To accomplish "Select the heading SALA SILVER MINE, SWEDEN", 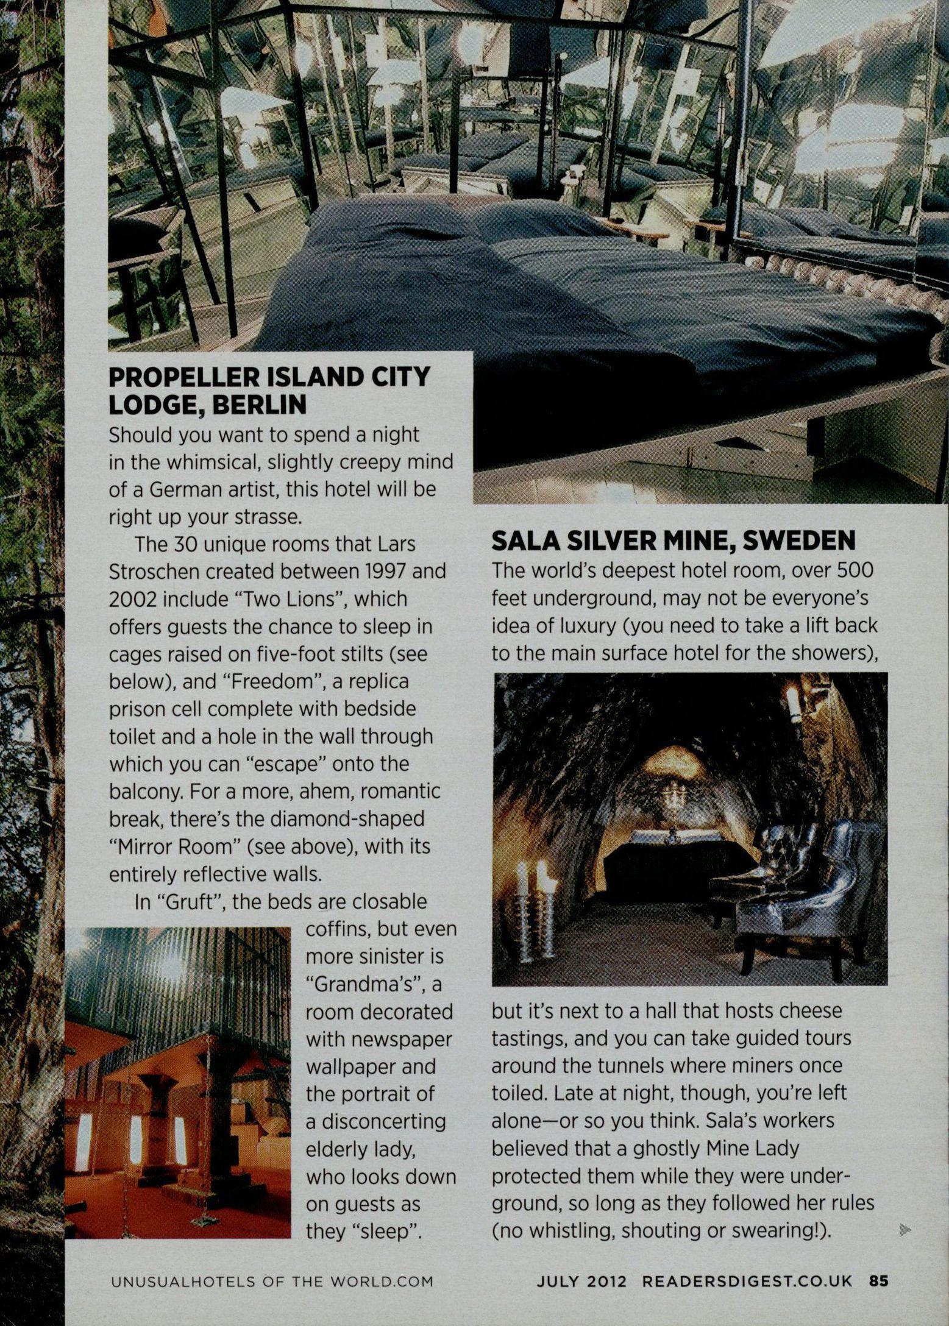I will [x=674, y=541].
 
